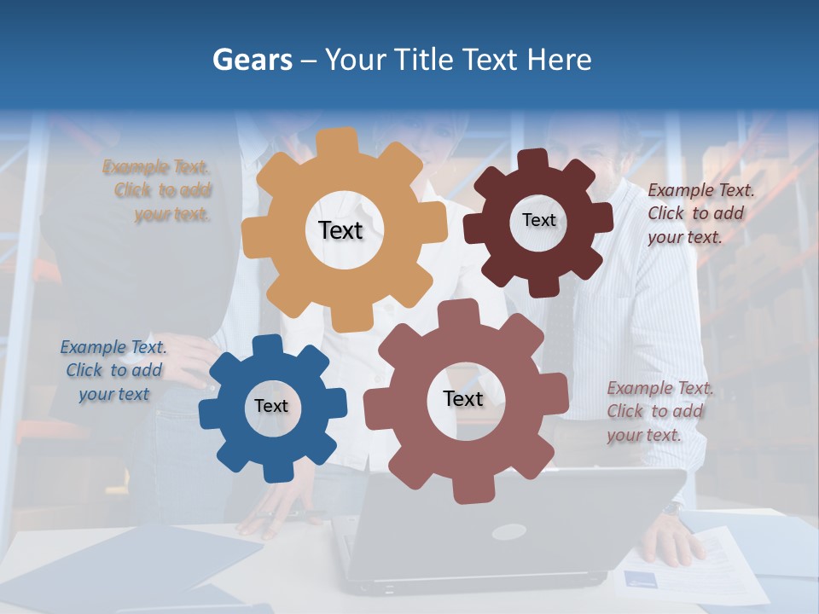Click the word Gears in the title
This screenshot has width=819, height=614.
[251, 60]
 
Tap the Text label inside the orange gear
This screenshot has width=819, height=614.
[340, 230]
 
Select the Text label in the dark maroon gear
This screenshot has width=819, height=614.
[538, 220]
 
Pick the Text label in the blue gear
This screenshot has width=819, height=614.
[271, 406]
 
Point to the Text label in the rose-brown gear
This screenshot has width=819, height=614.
[463, 398]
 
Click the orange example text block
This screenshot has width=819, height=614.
[157, 190]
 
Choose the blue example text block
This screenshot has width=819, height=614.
[113, 370]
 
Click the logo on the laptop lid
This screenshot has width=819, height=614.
[508, 532]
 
